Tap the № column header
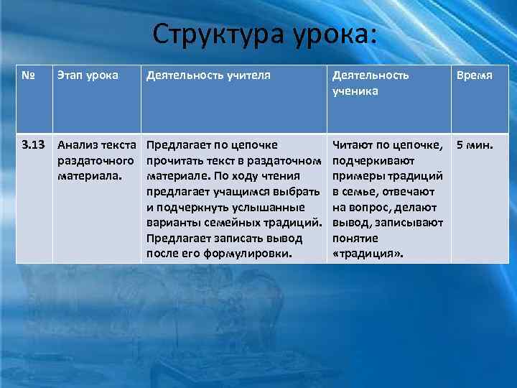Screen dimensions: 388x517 tap(27, 75)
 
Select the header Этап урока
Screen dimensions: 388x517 tap(88, 75)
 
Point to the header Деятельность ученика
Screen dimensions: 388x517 tap(370, 83)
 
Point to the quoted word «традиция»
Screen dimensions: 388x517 tap(368, 254)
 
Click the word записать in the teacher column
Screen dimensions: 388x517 tap(229, 238)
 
